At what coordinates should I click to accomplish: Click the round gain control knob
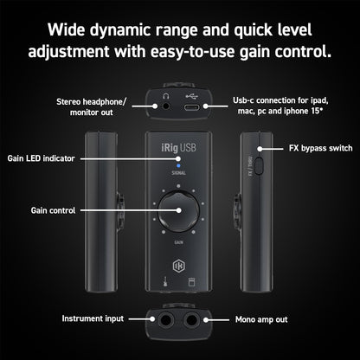(179, 210)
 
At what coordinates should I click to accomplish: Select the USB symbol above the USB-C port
(192, 93)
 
